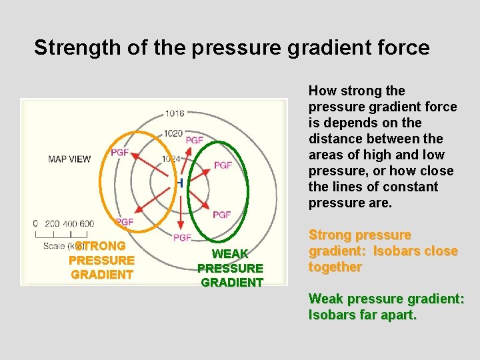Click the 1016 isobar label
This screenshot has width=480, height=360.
point(175,113)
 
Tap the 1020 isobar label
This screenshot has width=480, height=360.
point(173,133)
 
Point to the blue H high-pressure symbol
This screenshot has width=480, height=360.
point(180,183)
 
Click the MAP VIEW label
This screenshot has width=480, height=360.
point(69,159)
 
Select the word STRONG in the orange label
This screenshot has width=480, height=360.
point(101,246)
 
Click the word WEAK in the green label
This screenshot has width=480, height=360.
point(230,254)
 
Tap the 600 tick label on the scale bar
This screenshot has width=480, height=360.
point(86,224)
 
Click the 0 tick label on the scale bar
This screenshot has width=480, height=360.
point(36,224)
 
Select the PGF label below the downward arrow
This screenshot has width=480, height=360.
point(182,238)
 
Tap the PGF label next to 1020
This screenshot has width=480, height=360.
point(195,140)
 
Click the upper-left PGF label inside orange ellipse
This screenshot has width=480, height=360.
point(120,153)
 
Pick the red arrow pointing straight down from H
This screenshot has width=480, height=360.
point(181,210)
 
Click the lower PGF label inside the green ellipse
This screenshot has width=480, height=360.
point(222,215)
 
